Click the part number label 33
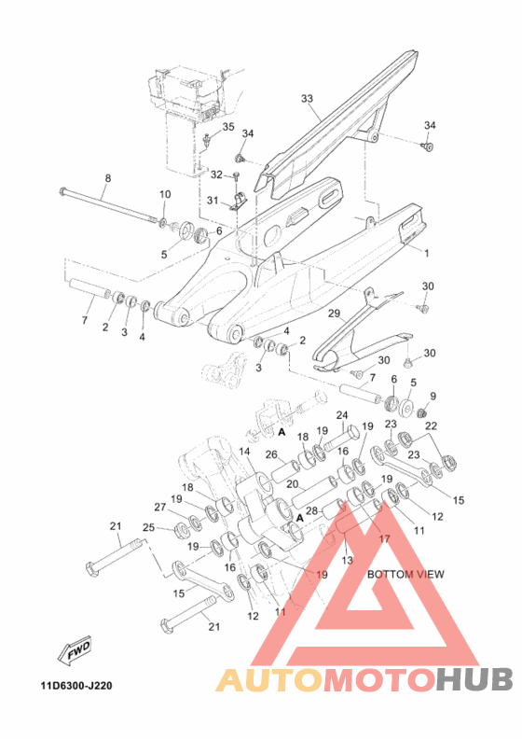[307, 99]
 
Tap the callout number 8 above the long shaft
[108, 178]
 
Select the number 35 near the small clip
[228, 127]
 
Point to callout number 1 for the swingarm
[426, 253]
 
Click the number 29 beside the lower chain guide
[334, 314]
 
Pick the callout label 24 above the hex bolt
[342, 415]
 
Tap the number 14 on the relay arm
[244, 452]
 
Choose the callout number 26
[271, 454]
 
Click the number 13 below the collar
[347, 561]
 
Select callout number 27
[160, 507]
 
